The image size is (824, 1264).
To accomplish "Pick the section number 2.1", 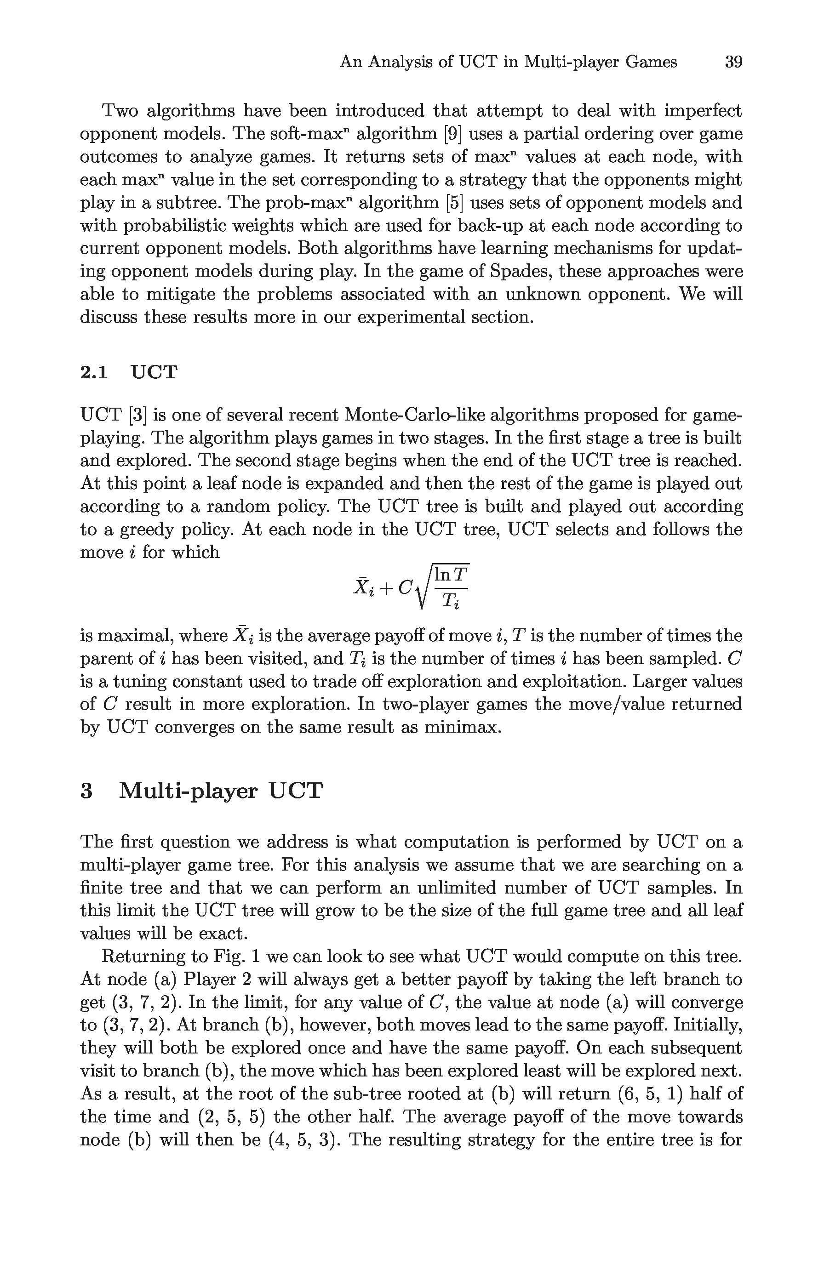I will [93, 372].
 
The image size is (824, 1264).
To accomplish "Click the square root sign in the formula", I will [423, 587].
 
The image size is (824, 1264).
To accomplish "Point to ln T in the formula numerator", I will [451, 575].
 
